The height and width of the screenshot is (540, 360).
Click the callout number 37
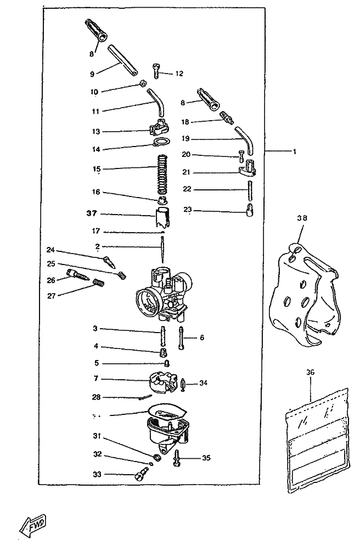[x=92, y=213]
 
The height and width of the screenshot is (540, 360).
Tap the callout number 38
[x=302, y=217]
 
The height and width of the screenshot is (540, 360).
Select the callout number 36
[x=310, y=372]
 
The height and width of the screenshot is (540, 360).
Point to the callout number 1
[x=294, y=151]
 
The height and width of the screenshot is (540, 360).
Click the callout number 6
[x=201, y=337]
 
